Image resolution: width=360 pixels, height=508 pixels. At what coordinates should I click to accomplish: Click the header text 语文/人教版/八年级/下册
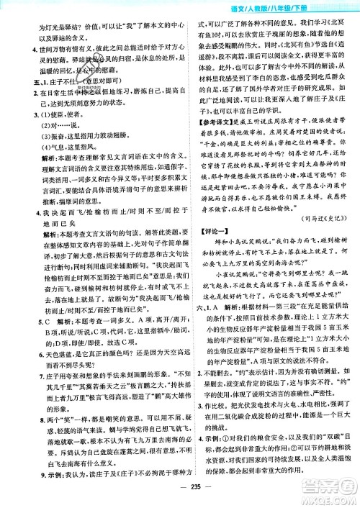294,8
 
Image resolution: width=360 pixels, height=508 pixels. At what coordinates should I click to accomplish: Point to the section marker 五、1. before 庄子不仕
23,101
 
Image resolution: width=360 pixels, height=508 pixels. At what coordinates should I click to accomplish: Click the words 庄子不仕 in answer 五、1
48,101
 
